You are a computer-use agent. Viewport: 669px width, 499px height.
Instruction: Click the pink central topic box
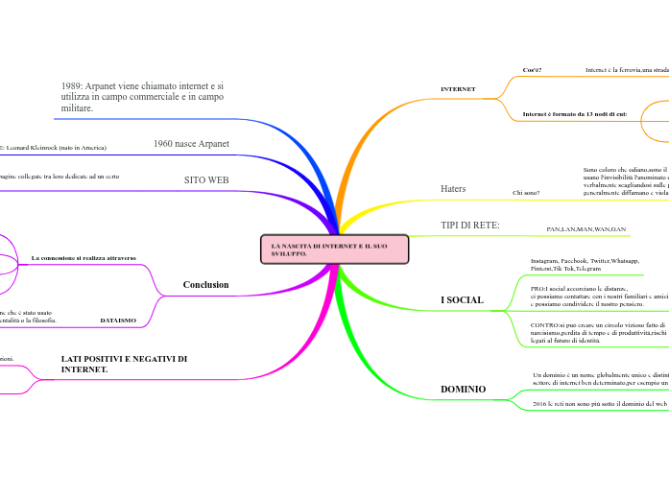(335, 249)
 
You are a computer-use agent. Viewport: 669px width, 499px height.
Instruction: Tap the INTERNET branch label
(458, 89)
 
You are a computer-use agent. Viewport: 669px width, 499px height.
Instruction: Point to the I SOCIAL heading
(462, 300)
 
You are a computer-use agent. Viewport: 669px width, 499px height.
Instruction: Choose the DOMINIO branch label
(463, 389)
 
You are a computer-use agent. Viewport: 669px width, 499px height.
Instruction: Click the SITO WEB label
(206, 180)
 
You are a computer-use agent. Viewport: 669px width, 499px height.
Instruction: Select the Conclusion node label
(205, 285)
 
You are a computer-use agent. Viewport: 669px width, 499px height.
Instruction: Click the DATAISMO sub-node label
(118, 320)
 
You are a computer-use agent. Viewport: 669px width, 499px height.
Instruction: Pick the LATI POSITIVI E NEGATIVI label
(124, 364)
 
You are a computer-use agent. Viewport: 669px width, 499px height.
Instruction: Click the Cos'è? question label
(532, 70)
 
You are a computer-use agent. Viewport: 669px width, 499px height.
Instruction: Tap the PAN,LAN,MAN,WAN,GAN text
(585, 229)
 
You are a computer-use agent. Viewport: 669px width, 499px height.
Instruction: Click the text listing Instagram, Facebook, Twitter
(585, 265)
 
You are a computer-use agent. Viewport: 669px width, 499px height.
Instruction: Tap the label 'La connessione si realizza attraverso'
(84, 258)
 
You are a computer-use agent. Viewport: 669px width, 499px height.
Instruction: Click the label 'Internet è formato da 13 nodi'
(574, 114)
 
